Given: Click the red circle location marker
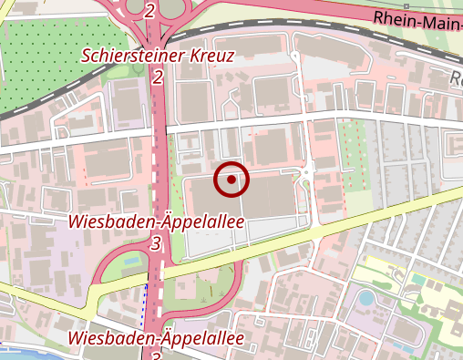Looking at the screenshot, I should coord(231,180).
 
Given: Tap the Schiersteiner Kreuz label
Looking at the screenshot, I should coord(158,56).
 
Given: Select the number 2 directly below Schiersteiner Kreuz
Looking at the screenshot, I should coord(158,77).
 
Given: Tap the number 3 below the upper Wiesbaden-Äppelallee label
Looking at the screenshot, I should coord(156,243).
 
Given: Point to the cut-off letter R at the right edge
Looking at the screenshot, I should coord(457,78).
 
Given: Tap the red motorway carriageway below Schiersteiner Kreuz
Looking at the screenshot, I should coord(159,137).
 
